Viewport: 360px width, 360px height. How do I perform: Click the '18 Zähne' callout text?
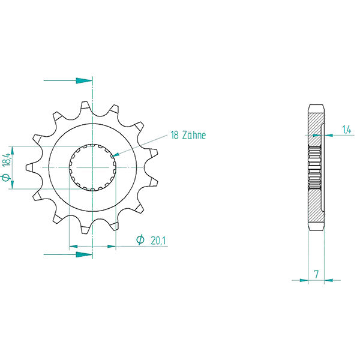pyautogui.click(x=188, y=136)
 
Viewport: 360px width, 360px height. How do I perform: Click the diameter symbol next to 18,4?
pyautogui.click(x=5, y=178)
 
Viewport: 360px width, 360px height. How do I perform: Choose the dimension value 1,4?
pyautogui.click(x=346, y=129)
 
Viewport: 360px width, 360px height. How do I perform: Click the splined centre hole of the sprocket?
pyautogui.click(x=92, y=168)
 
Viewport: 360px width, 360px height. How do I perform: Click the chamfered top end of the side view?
pyautogui.click(x=316, y=108)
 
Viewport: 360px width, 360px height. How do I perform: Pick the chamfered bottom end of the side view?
pyautogui.click(x=316, y=229)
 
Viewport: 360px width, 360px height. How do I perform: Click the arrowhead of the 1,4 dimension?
pyautogui.click(x=326, y=134)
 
